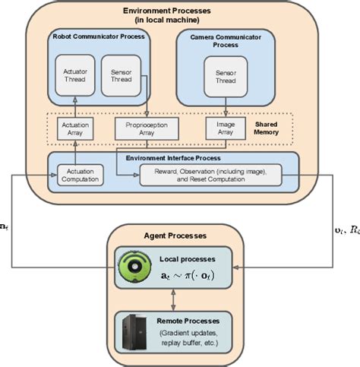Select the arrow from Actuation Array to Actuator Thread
coord(75,106)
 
